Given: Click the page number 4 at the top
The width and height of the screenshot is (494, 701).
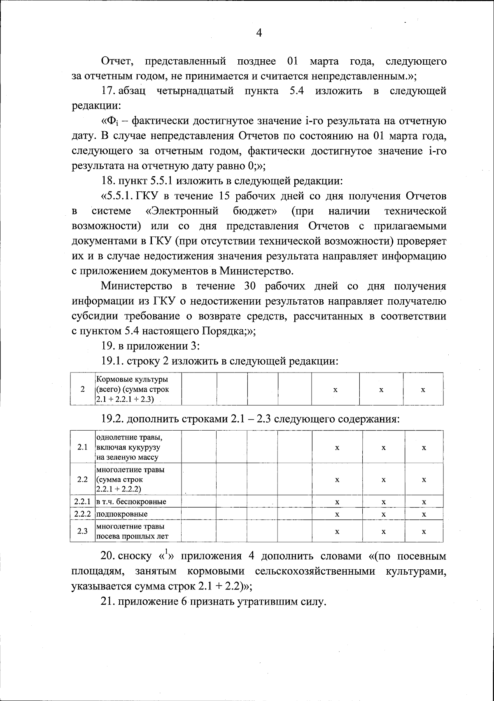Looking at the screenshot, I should point(259,33).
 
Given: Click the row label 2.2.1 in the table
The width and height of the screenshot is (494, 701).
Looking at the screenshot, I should point(82,502).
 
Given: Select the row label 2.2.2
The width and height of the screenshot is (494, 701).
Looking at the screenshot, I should point(82,514).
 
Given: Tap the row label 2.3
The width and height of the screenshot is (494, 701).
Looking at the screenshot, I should point(82,531).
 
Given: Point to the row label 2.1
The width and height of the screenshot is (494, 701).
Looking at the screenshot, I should point(82,447).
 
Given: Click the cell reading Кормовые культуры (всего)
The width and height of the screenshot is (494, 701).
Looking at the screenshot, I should point(132,389).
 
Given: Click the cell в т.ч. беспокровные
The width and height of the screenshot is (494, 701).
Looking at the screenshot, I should point(131,502).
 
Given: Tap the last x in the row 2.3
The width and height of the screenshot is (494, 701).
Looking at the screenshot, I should point(424,531).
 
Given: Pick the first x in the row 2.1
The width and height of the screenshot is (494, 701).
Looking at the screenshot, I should point(337,447).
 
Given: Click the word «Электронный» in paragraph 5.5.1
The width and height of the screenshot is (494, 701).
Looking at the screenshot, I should point(182,212).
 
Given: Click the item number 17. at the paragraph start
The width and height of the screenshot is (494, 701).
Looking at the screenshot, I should point(110,91).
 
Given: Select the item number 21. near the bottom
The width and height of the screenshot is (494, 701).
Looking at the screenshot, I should point(108,601).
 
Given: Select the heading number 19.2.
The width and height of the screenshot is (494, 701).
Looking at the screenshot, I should point(112,419).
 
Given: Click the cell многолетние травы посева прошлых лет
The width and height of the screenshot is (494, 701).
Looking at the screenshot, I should point(132,531).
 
